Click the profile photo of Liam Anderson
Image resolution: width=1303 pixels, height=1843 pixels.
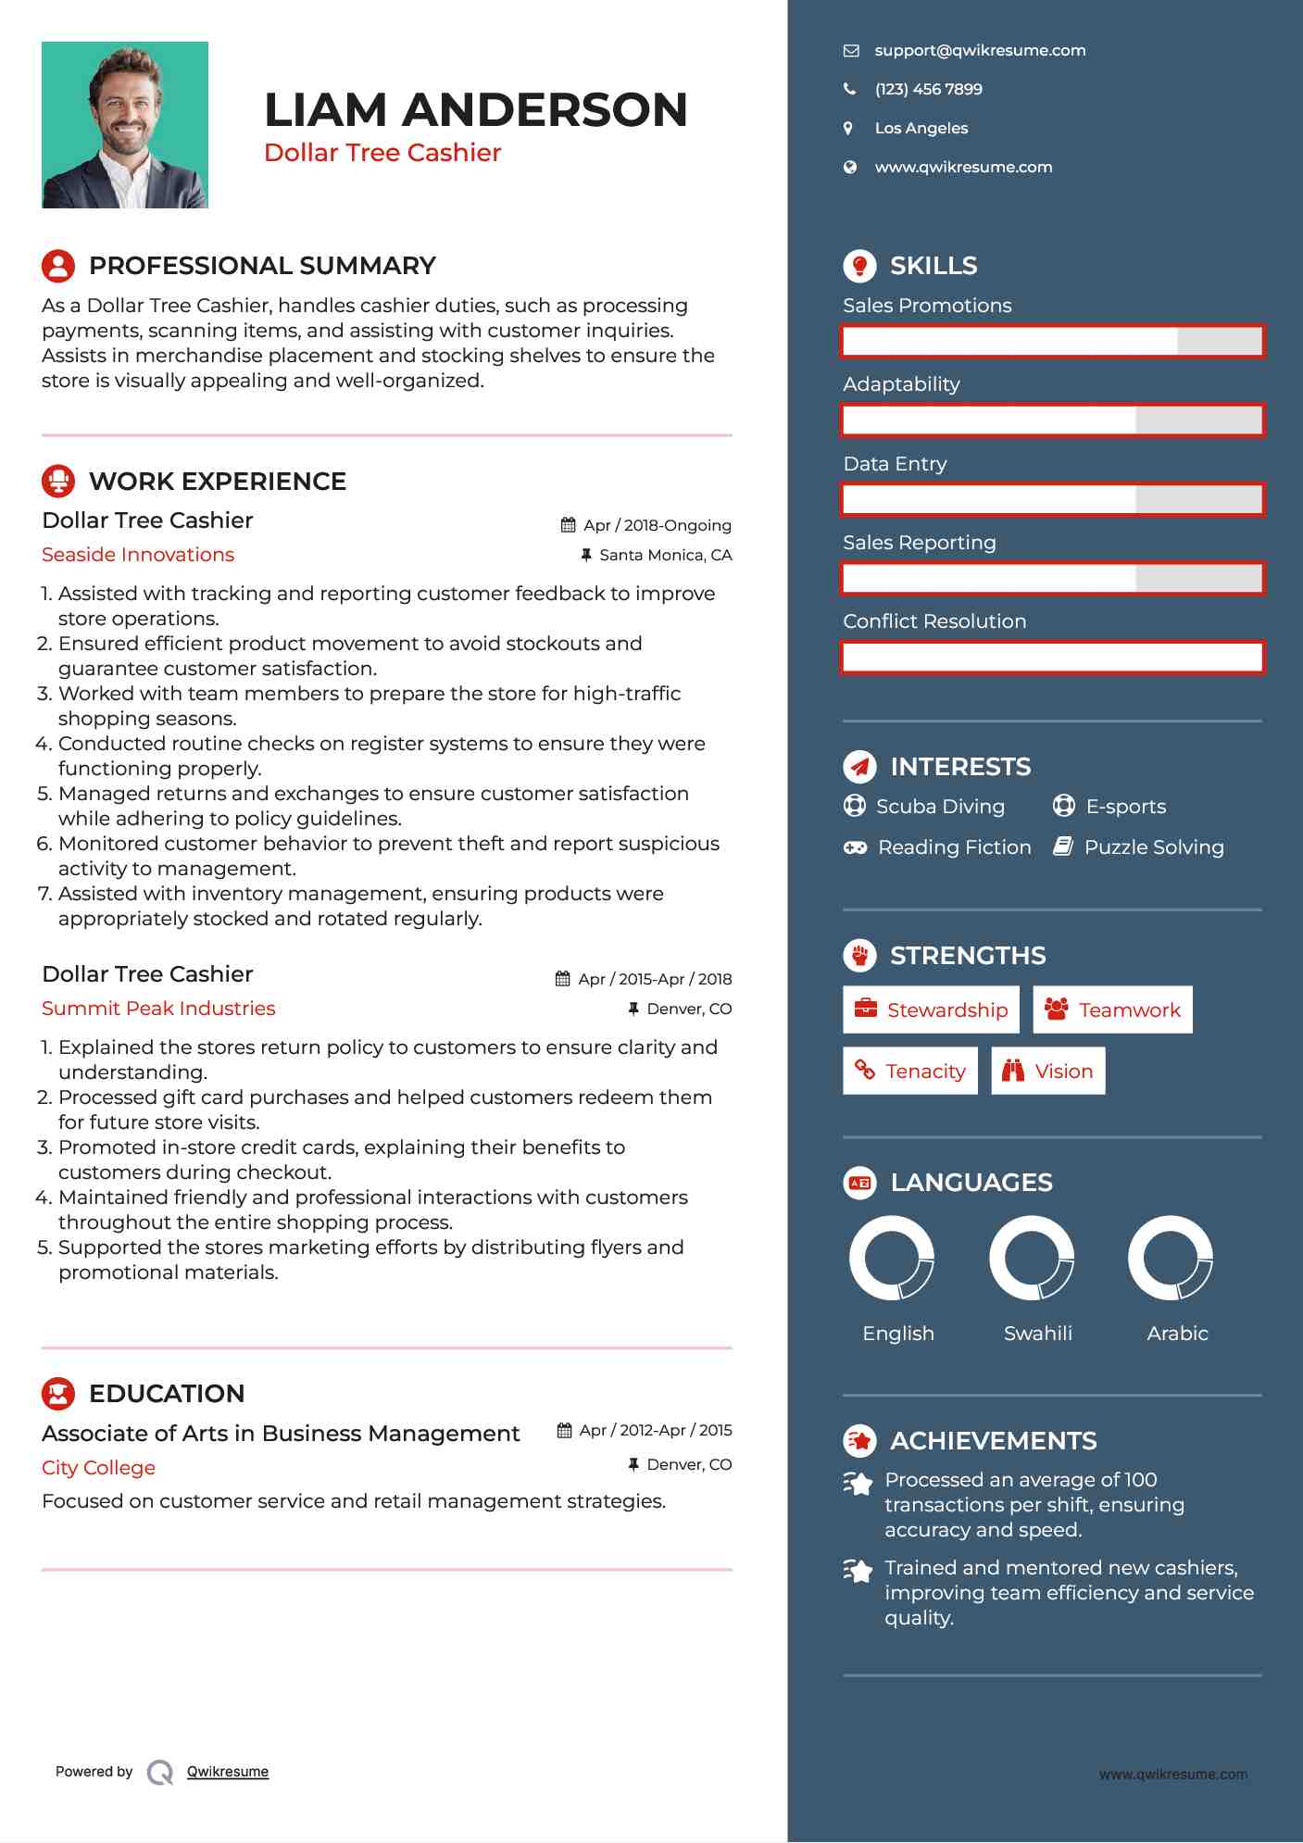[x=125, y=125]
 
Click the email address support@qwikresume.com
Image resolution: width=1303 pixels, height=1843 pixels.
[x=980, y=51]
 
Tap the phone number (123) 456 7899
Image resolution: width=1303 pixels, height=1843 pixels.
[x=928, y=90]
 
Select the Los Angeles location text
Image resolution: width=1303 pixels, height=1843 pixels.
[x=921, y=129]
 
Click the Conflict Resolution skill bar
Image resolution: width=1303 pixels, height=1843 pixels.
[x=1052, y=658]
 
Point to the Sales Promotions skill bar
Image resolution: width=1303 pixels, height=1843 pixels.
[x=1052, y=342]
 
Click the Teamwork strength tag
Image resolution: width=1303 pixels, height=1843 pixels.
[x=1112, y=1009]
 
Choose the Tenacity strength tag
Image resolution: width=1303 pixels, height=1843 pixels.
[x=910, y=1072]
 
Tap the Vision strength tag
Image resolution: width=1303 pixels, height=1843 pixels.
[x=1047, y=1072]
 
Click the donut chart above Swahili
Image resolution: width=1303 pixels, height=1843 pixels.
[x=1032, y=1259]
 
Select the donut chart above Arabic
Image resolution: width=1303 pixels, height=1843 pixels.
[x=1171, y=1259]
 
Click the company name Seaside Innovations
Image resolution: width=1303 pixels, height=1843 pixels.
[x=138, y=555]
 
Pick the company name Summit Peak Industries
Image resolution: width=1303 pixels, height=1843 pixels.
[x=158, y=1009]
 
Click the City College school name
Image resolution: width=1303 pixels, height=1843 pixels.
[x=98, y=1468]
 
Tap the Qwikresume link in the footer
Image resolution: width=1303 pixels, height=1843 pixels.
[x=228, y=1772]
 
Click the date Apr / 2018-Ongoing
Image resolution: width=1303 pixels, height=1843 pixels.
[x=657, y=526]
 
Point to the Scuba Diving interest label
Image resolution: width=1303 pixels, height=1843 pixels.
[x=940, y=807]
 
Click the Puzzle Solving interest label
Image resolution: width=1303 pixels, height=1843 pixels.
[x=1154, y=847]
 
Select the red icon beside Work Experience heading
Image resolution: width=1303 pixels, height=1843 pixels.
[x=58, y=481]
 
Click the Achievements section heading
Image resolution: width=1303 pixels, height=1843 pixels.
[x=993, y=1441]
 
